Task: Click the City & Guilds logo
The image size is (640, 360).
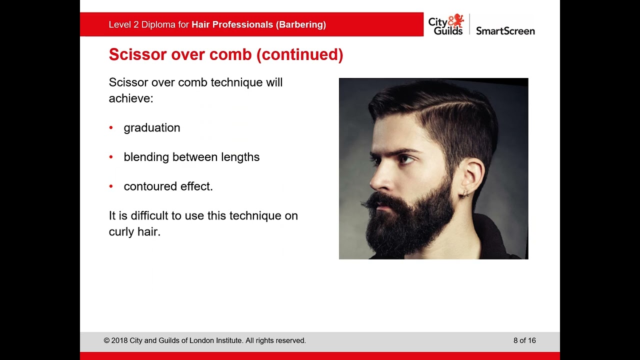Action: tap(445, 24)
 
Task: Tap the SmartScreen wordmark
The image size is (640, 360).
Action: tap(505, 31)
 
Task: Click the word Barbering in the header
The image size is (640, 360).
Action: tap(300, 24)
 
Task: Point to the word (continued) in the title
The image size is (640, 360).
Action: tap(299, 54)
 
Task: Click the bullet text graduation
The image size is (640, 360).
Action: tap(152, 128)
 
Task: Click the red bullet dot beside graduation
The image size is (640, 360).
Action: tap(111, 128)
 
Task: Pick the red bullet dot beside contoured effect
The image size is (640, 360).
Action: tap(111, 186)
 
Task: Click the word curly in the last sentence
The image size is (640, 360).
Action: tap(121, 232)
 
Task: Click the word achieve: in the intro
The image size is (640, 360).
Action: tap(131, 98)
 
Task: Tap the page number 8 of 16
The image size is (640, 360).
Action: tap(524, 340)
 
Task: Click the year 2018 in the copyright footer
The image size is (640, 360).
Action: tap(119, 340)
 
